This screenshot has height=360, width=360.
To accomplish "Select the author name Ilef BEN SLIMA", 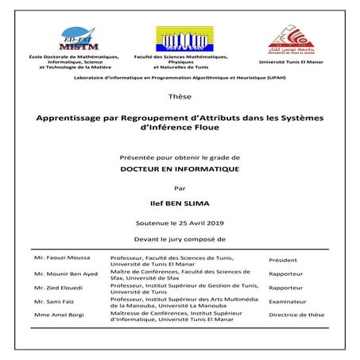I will point(180,203).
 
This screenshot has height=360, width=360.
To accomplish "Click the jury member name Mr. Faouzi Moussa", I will point(62,258).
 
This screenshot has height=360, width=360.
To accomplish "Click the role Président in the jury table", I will point(283,260).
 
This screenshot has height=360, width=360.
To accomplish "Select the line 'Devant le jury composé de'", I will point(180,238).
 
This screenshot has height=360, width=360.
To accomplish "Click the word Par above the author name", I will point(180,188).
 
